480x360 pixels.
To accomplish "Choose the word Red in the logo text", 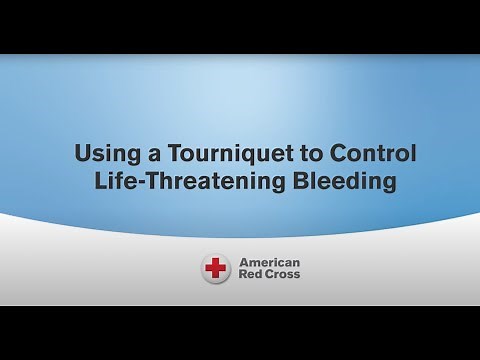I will click(249, 277).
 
